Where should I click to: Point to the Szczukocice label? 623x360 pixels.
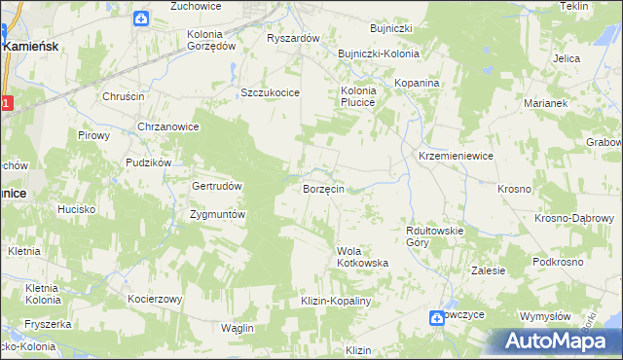pos(270,92)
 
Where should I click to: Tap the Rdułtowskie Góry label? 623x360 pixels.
pos(434,236)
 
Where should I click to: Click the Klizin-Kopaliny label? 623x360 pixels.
pos(338,302)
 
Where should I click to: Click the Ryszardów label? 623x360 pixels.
pos(293,38)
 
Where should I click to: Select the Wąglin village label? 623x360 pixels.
pos(237,328)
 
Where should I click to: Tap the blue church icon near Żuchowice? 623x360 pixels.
pos(141,18)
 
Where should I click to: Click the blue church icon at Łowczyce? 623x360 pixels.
pos(438,317)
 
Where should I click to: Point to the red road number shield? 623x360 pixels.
pos(6,103)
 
